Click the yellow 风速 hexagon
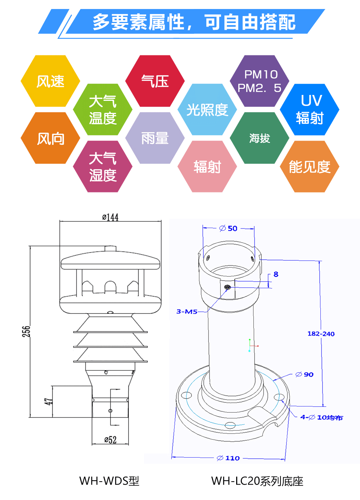(50, 81)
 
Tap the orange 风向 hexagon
(50, 138)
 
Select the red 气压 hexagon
(155, 81)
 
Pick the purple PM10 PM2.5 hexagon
(260, 81)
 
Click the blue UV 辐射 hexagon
(310, 109)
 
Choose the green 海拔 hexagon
(260, 138)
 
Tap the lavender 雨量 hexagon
(155, 138)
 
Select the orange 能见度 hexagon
(310, 167)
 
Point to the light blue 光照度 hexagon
(207, 109)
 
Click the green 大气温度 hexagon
(103, 109)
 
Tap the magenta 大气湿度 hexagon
(103, 167)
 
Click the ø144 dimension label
(110, 217)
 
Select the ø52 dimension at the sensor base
(111, 440)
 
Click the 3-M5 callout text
(187, 312)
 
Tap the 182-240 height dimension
(321, 334)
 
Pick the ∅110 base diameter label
(228, 458)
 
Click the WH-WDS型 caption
(109, 481)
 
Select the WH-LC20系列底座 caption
(257, 481)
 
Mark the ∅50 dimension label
(228, 228)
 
